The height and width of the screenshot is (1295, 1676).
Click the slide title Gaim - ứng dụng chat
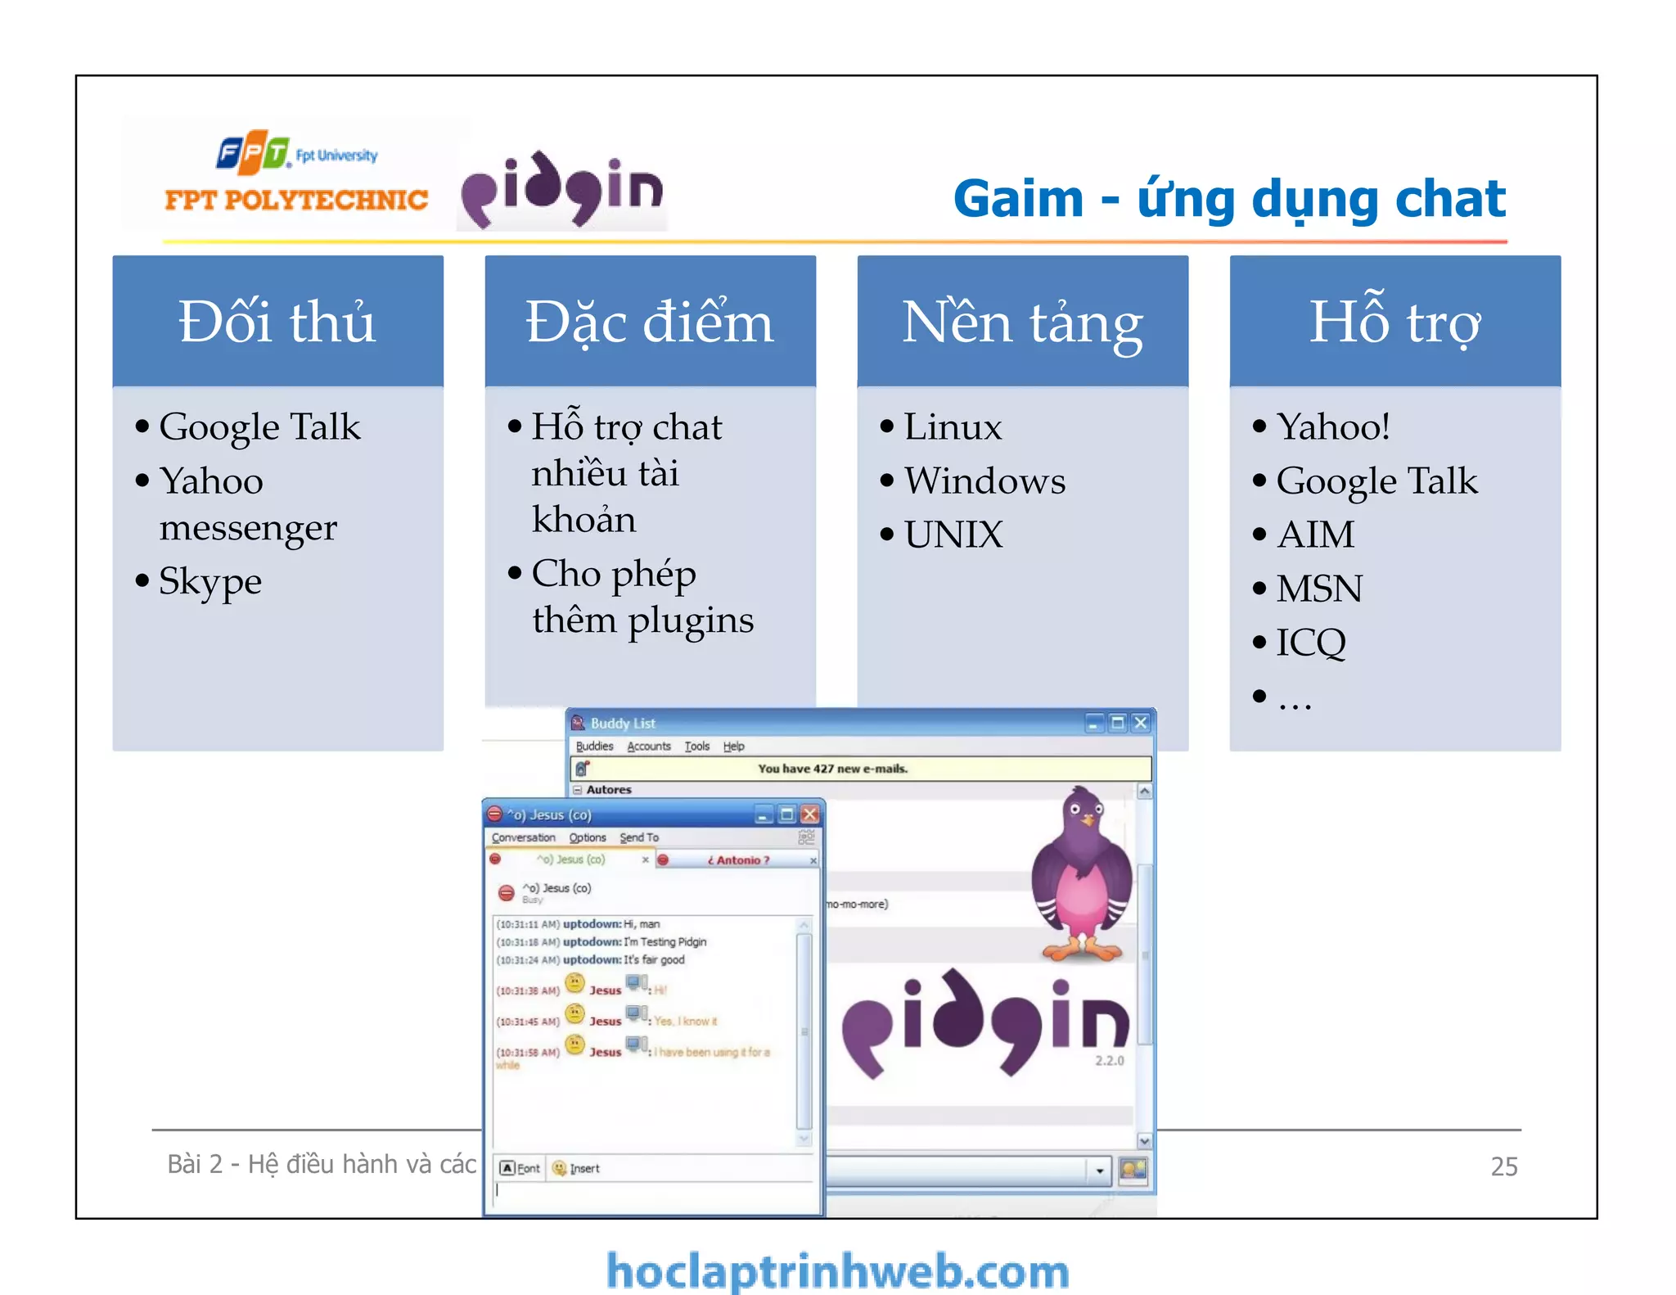(1229, 199)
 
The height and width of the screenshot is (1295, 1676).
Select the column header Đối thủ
(277, 322)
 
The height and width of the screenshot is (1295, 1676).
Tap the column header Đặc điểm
(650, 322)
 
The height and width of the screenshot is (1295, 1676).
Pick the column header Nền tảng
(1022, 322)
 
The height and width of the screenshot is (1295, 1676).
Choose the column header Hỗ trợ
(1394, 322)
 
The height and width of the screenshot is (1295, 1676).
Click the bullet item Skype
(210, 582)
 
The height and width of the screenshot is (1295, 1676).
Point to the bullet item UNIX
(953, 535)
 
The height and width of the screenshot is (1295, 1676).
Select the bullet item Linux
(953, 426)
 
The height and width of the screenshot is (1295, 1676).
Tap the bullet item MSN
(1319, 589)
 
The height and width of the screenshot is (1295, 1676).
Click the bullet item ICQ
(1311, 643)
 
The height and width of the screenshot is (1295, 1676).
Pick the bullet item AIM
(1315, 535)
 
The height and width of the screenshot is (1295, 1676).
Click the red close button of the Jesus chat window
(809, 814)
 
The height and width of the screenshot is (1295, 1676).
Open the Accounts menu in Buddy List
(648, 746)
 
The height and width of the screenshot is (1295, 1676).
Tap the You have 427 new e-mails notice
(832, 769)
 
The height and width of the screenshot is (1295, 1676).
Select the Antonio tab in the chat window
(738, 860)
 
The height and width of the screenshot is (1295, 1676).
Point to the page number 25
(1503, 1166)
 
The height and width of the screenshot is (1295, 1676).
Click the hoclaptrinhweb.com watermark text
(837, 1271)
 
